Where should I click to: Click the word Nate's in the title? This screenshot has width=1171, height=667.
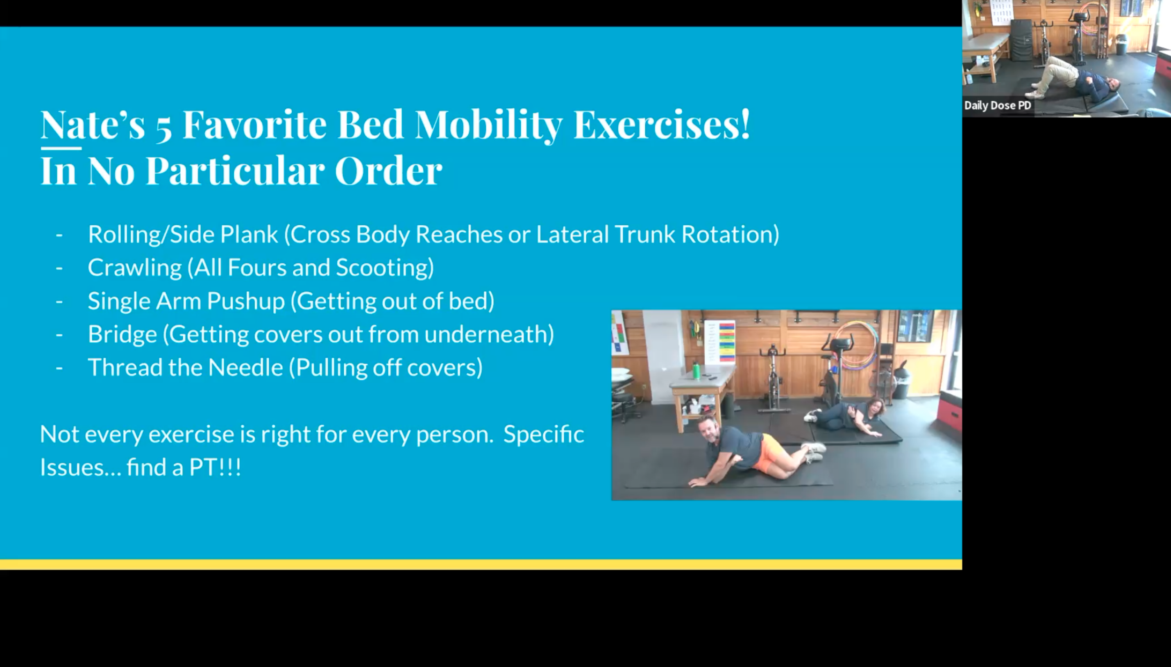92,125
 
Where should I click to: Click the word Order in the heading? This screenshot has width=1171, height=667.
388,171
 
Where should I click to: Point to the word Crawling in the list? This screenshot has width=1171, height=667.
134,268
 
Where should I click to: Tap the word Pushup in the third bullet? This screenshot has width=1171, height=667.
245,302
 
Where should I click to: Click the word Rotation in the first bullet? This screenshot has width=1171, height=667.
730,234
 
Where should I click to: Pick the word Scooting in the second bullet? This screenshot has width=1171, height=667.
384,268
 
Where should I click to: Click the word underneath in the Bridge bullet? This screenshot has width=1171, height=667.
488,334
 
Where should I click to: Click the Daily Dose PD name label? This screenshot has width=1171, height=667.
997,105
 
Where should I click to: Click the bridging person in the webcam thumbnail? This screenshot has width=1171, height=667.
1072,80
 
